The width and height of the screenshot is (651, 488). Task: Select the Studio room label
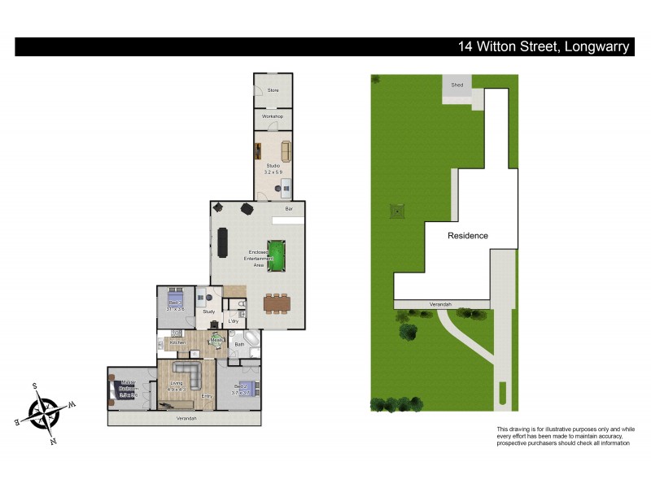[273, 166]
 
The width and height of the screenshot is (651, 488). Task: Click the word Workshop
[273, 117]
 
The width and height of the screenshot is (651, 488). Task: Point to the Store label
[273, 90]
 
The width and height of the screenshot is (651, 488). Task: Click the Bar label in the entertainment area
[289, 210]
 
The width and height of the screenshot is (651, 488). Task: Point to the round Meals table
[216, 342]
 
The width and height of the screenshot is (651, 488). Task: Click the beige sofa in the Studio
[285, 152]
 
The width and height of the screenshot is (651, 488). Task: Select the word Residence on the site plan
[468, 236]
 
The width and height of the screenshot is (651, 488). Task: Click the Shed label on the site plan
[457, 85]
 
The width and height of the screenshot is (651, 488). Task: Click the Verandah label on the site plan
[441, 304]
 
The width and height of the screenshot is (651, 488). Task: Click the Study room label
[208, 312]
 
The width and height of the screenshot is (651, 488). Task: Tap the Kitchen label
[177, 342]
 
